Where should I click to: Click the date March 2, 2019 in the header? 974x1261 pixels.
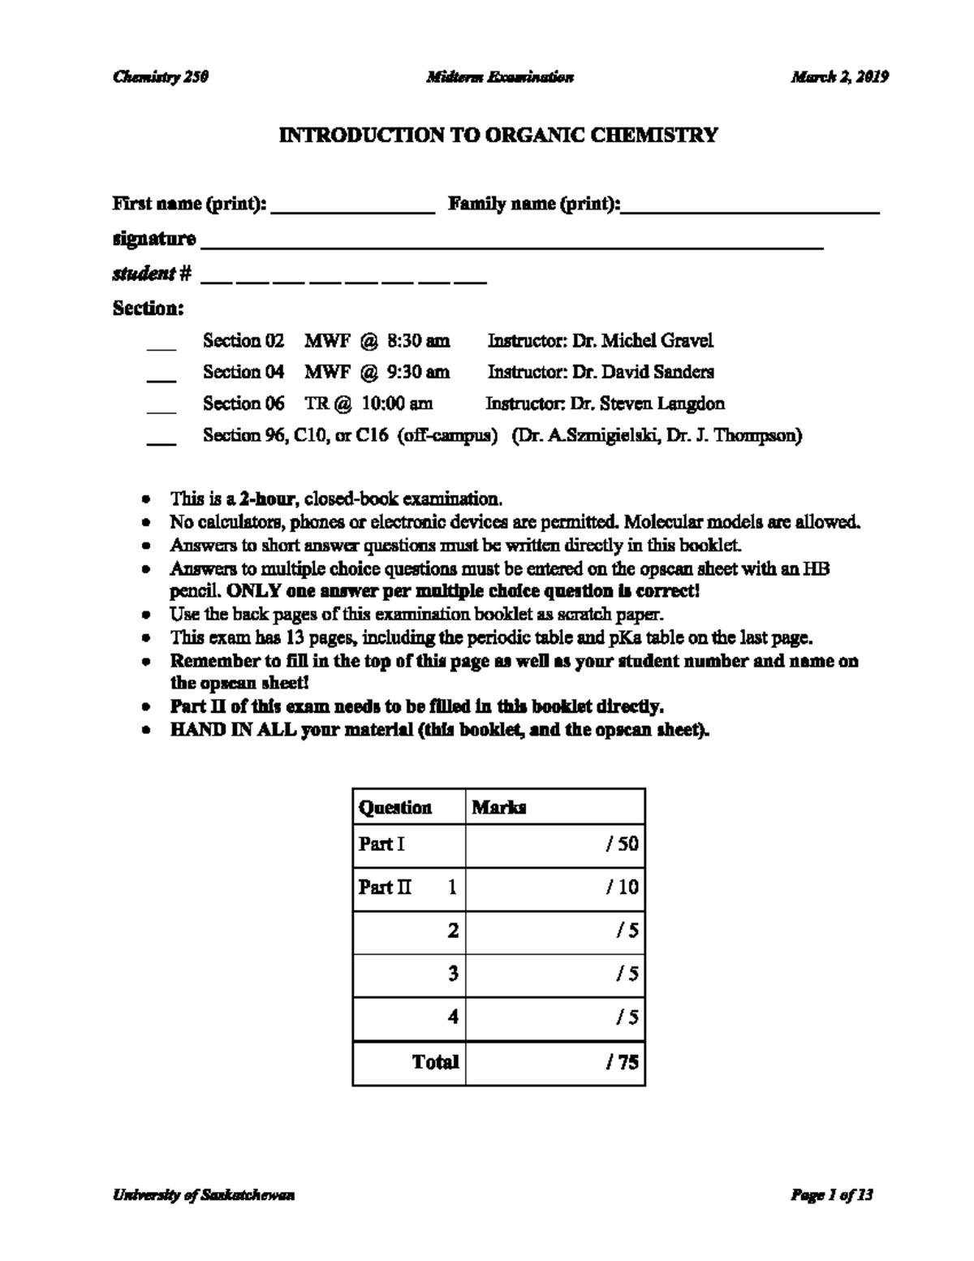(840, 77)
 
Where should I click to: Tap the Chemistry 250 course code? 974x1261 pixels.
(161, 77)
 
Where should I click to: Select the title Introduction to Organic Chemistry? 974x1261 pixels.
(498, 135)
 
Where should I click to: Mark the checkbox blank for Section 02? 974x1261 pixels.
(162, 345)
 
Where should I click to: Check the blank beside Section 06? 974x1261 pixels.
(162, 408)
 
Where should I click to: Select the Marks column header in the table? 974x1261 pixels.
(499, 807)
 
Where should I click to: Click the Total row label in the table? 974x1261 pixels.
(435, 1062)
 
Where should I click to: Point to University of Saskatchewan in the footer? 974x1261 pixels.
(204, 1195)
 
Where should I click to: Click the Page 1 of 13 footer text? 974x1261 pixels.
(832, 1195)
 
